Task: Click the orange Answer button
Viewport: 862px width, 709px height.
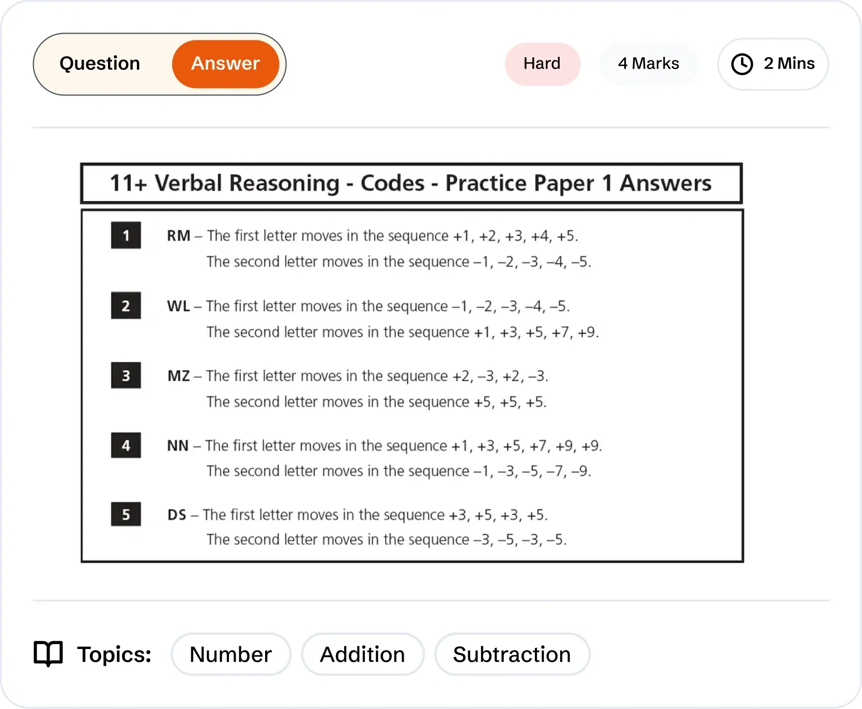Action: coord(226,64)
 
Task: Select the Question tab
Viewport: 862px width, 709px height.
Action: coord(100,64)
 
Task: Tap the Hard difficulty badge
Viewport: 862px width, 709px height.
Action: coord(542,64)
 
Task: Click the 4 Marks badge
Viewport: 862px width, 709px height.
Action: coord(649,64)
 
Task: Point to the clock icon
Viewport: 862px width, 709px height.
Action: coord(742,64)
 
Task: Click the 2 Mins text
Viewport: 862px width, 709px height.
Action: coord(789,64)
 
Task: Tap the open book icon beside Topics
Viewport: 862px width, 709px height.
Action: coord(48,654)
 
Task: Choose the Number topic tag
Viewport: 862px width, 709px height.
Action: coord(231,654)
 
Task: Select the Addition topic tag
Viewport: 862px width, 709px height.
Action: coord(363,654)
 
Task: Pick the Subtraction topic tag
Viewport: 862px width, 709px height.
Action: coord(512,654)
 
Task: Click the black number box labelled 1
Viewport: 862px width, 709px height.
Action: coord(126,236)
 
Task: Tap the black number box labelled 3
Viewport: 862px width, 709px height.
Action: coord(126,375)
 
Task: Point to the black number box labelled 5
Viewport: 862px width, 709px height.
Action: coord(126,514)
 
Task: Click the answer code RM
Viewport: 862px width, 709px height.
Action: coord(179,236)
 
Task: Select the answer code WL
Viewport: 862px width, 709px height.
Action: coord(178,306)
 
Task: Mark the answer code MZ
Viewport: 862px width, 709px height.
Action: coord(179,376)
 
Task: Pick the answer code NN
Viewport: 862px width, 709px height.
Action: coord(178,445)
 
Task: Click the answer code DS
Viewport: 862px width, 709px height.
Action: coord(177,515)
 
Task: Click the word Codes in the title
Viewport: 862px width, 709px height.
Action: coord(392,183)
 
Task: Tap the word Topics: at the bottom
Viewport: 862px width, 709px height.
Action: coord(114,654)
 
